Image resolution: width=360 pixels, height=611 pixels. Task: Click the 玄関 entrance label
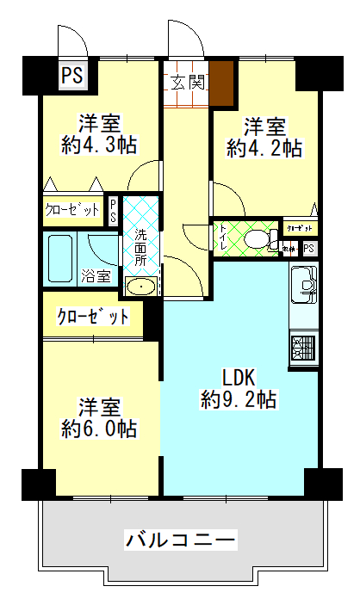186,83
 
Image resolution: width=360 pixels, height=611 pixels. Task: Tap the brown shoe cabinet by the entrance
222,83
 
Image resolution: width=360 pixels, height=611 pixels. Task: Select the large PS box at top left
72,76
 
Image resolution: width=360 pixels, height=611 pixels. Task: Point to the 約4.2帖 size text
264,148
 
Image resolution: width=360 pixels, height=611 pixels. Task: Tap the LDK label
239,377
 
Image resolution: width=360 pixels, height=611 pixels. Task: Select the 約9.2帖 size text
239,399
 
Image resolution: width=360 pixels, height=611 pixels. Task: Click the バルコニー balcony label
180,540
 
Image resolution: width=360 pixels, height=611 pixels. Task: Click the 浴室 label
96,276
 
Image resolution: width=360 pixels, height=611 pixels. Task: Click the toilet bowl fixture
254,239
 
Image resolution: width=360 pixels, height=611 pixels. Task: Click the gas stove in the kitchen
304,349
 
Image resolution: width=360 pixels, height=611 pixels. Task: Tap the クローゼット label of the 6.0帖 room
93,317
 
